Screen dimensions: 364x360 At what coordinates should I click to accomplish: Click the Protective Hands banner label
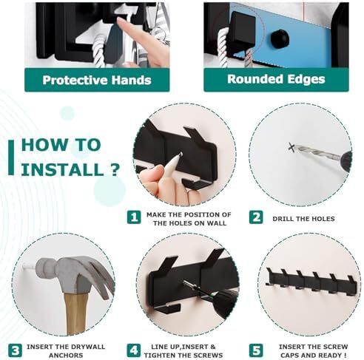coord(97,80)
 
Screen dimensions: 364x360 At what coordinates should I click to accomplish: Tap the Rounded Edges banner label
coord(276,79)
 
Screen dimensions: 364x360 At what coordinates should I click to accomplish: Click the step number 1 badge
coord(134,217)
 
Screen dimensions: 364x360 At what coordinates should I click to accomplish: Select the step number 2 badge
coord(256,217)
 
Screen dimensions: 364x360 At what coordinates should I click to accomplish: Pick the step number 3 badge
coord(15,350)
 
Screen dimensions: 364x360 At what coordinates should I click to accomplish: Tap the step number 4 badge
coord(134,350)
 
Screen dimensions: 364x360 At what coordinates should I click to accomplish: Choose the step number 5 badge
coord(256,350)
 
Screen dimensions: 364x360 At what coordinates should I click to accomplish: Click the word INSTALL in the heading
coord(62,169)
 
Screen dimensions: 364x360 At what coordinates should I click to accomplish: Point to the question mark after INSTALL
coord(114,169)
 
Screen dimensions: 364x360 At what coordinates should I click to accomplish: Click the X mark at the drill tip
coord(291,147)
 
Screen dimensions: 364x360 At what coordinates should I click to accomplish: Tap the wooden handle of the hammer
coord(76,313)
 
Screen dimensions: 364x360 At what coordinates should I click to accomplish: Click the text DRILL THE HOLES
coord(303,219)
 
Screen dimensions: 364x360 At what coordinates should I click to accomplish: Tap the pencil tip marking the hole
coord(181,154)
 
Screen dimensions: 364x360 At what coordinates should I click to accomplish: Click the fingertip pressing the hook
coord(121,21)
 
